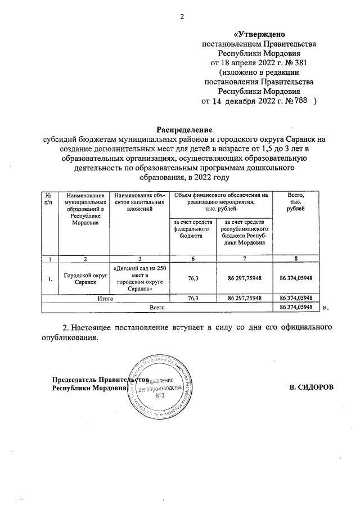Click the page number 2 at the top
[182, 16]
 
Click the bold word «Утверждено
[259, 34]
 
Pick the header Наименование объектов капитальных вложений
[139, 201]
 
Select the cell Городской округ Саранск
[84, 278]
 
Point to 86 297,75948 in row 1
[244, 278]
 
